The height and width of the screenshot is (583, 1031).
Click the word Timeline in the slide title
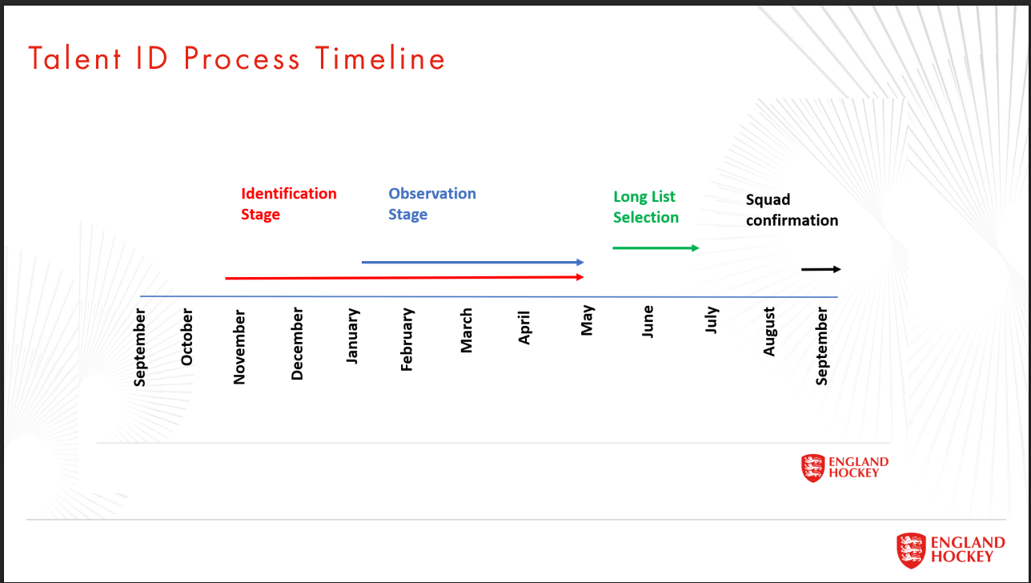tap(380, 58)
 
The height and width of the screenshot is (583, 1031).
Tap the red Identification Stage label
tap(289, 203)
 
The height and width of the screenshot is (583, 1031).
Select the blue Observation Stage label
tap(431, 203)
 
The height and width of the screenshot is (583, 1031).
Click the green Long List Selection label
tap(646, 207)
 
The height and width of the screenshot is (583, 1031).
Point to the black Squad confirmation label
tap(792, 210)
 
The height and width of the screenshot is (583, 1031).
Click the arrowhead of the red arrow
tap(580, 277)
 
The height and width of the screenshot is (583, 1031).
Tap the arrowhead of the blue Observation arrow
tap(580, 262)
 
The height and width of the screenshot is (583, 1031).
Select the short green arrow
tap(656, 247)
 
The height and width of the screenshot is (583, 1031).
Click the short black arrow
tap(821, 269)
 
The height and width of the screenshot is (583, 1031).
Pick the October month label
tap(187, 337)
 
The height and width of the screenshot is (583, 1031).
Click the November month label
tap(239, 348)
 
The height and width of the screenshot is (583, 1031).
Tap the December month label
tap(297, 344)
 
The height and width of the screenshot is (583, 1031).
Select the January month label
tap(352, 336)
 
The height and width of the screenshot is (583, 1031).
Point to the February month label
tap(407, 340)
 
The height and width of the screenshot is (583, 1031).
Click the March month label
tap(466, 331)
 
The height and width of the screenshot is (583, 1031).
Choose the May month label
tap(588, 320)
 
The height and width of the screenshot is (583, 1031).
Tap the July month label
tap(712, 320)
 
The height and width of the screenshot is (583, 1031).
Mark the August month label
tap(769, 332)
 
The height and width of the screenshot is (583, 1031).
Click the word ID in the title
tap(152, 58)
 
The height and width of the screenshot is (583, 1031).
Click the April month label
tap(524, 328)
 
